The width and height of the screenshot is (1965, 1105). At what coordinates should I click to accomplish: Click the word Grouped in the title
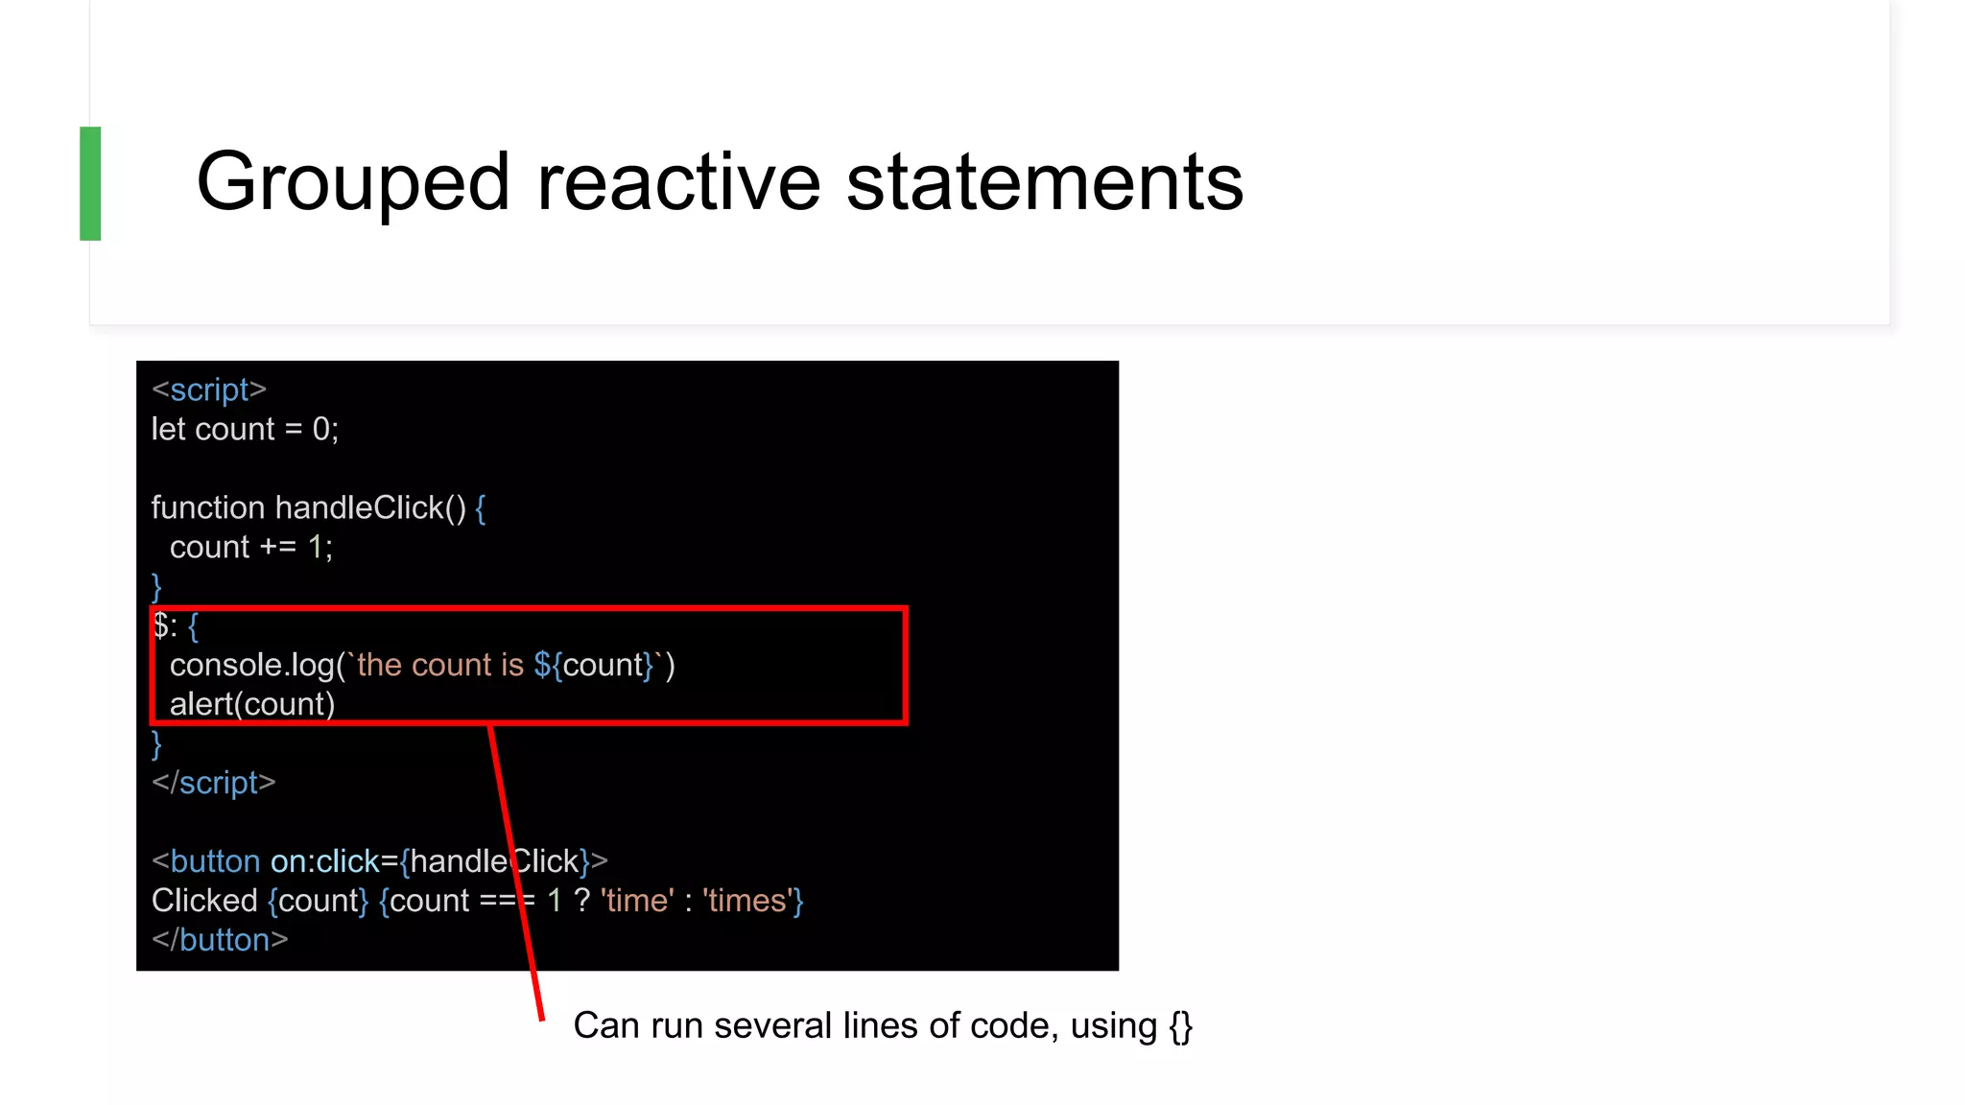(x=352, y=182)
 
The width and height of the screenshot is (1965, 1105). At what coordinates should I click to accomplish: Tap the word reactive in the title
(x=678, y=182)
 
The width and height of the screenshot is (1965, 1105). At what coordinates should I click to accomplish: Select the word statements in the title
(x=1044, y=182)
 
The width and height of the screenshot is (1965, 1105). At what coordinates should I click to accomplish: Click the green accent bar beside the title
(x=90, y=183)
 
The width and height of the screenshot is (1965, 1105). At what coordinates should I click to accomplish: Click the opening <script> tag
(x=209, y=390)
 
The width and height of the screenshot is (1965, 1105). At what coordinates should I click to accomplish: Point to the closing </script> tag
(x=214, y=783)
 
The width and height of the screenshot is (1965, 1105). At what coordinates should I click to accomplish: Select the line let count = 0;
(x=245, y=429)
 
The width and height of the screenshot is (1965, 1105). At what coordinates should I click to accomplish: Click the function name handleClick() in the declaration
(x=370, y=507)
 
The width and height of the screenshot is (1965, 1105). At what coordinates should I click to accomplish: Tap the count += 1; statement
(x=251, y=547)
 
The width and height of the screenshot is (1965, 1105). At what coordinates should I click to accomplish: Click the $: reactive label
(x=165, y=626)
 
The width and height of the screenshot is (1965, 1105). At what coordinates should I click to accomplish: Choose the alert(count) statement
(x=252, y=704)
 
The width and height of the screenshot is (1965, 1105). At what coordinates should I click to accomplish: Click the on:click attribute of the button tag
(x=324, y=861)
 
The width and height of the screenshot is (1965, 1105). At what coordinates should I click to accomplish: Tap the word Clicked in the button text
(x=204, y=901)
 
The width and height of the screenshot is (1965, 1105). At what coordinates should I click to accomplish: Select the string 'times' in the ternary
(x=746, y=901)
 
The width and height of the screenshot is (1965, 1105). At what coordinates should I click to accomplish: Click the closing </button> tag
(x=220, y=940)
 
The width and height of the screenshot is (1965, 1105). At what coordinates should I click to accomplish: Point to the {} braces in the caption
(x=1180, y=1026)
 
